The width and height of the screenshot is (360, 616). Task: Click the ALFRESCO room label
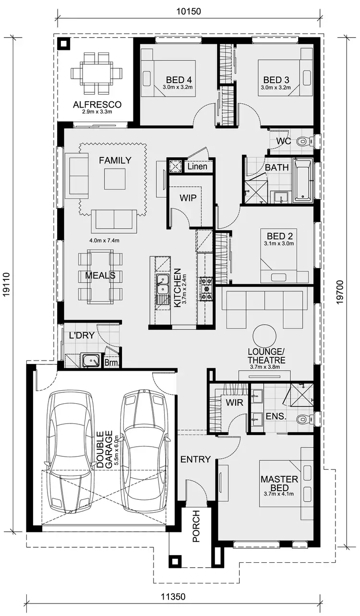pos(97,104)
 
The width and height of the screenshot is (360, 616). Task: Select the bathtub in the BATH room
pos(302,180)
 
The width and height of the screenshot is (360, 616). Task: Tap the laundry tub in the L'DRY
pos(89,361)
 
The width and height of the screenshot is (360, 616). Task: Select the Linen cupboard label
pos(197,167)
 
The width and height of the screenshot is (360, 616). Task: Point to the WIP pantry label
pos(188,198)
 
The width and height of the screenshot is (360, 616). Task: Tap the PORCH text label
pos(196,526)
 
